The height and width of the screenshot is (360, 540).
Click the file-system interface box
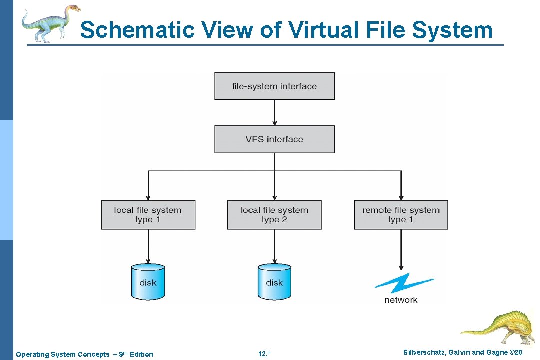(274, 86)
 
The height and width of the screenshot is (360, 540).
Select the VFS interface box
(274, 139)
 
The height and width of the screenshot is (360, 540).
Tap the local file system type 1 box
(148, 215)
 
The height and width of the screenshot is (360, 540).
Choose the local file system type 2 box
(274, 215)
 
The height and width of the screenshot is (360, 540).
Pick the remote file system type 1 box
(401, 215)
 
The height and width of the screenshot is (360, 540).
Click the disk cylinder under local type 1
(148, 282)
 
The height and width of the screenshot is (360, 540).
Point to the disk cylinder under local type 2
(274, 282)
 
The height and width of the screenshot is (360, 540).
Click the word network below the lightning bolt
(401, 300)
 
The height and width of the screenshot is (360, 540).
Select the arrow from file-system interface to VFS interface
(274, 113)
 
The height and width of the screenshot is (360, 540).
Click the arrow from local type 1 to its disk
(148, 246)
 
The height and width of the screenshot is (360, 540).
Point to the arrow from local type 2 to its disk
(274, 246)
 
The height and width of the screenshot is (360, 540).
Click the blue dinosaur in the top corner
(50, 22)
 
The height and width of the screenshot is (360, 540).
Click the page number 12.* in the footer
(264, 354)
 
